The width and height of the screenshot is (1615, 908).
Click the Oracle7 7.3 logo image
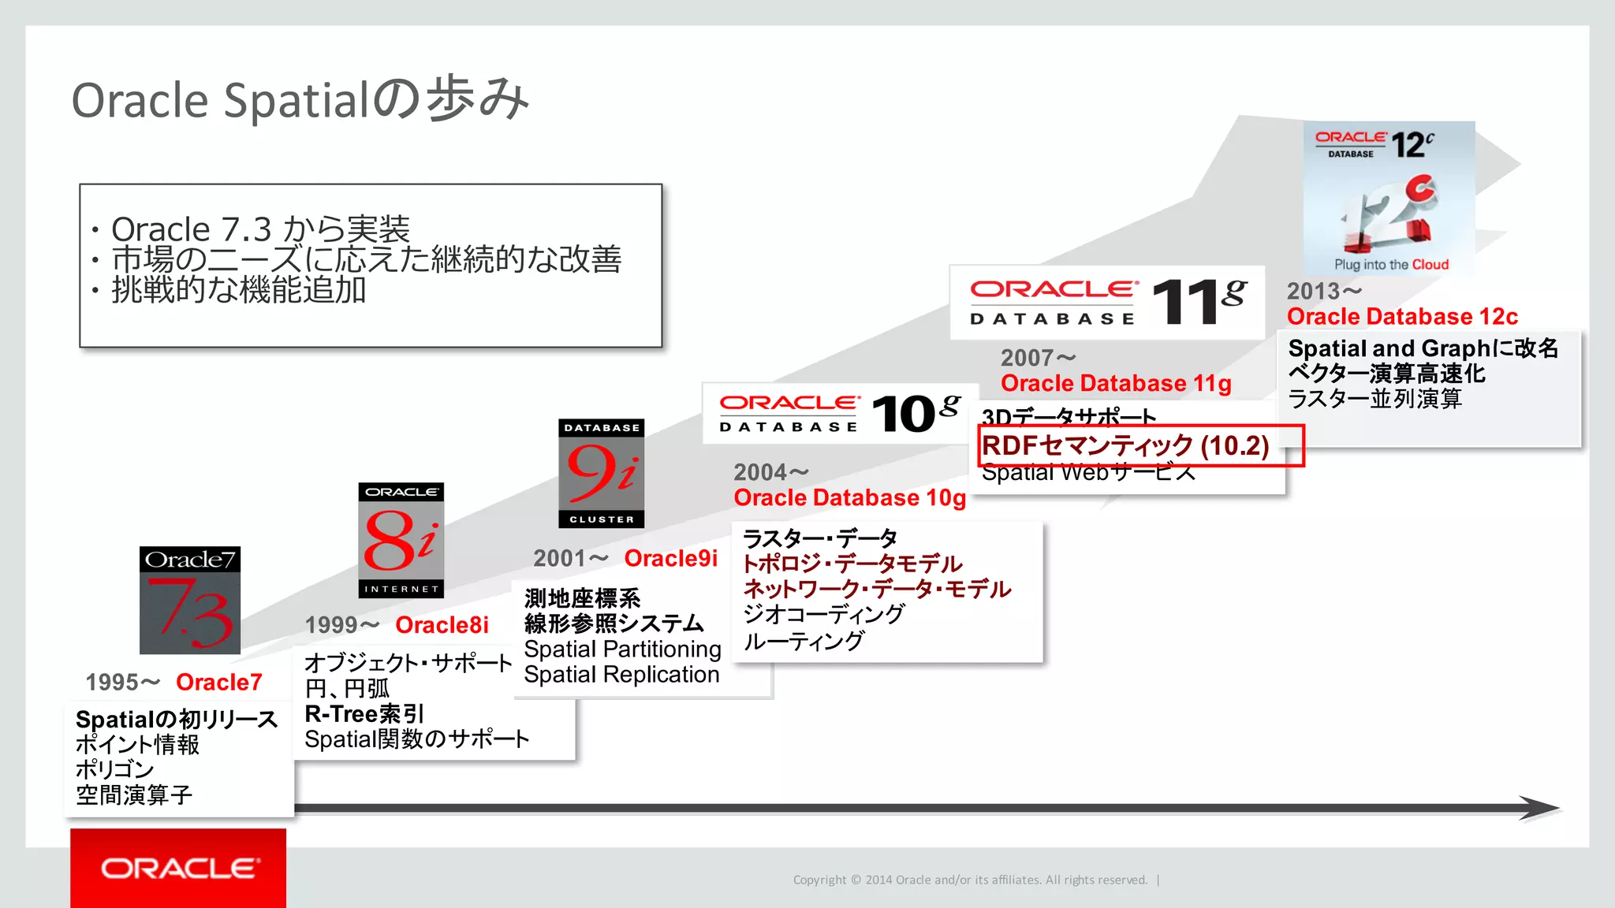tap(190, 600)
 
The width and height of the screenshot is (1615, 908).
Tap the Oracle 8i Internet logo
tap(401, 540)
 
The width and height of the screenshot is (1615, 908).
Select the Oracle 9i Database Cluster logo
tap(602, 473)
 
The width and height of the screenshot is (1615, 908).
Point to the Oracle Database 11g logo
tap(1107, 303)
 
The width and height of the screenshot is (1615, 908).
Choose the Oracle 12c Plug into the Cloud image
tap(1389, 198)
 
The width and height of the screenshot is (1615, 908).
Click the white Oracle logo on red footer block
tap(178, 869)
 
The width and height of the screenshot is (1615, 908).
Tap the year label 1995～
tap(123, 683)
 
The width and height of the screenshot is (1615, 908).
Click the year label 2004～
tap(771, 472)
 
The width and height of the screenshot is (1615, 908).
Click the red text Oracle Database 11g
tap(1116, 384)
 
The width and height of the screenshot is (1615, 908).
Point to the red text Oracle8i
tap(442, 625)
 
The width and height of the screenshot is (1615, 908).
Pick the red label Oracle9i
tap(671, 558)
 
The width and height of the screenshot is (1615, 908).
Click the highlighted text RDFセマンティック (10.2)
tap(1125, 446)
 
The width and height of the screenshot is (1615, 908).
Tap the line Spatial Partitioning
tap(622, 649)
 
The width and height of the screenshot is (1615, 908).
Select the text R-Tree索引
tap(364, 714)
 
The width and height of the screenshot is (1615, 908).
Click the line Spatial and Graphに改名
tap(1423, 348)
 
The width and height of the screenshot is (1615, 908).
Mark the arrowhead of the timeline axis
tap(1541, 808)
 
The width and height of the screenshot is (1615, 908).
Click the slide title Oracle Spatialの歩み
tap(300, 100)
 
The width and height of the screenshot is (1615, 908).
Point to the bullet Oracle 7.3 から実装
tap(260, 229)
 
